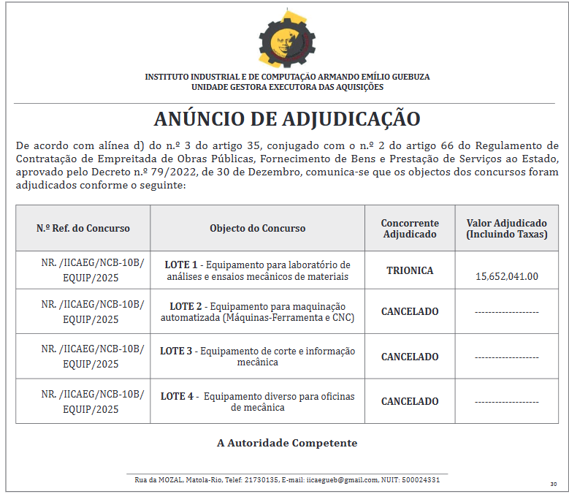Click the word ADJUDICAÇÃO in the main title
pyautogui.click(x=351, y=119)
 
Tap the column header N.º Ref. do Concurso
pyautogui.click(x=83, y=228)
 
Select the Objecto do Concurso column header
pyautogui.click(x=258, y=228)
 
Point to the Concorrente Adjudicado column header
pyautogui.click(x=410, y=228)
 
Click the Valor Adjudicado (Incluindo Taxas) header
pyautogui.click(x=506, y=228)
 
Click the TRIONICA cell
pyautogui.click(x=410, y=270)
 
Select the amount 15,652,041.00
pyautogui.click(x=507, y=276)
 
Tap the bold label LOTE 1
pyautogui.click(x=181, y=265)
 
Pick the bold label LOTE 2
pyautogui.click(x=186, y=306)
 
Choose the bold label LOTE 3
pyautogui.click(x=177, y=351)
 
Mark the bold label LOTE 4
pyautogui.click(x=177, y=396)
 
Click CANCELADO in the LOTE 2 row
pyautogui.click(x=410, y=311)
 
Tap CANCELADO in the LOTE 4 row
pyautogui.click(x=410, y=401)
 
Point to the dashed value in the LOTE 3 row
pyautogui.click(x=507, y=357)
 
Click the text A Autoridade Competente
pyautogui.click(x=287, y=443)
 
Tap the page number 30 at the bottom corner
pyautogui.click(x=554, y=484)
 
